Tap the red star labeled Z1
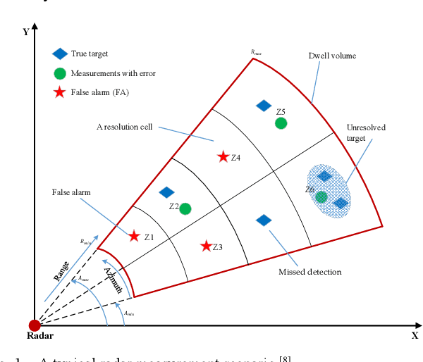[134, 236]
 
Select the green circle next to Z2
[185, 208]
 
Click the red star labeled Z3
[206, 246]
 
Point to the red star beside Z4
[223, 156]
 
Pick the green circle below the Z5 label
[281, 123]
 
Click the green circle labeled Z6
[321, 197]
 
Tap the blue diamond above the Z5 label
[263, 106]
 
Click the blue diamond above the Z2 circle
[167, 192]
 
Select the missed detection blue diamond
[263, 220]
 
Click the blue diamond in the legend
[60, 54]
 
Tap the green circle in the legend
[60, 73]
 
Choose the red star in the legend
[60, 92]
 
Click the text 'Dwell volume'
[332, 56]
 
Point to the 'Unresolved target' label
[366, 132]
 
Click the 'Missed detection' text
[309, 271]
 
